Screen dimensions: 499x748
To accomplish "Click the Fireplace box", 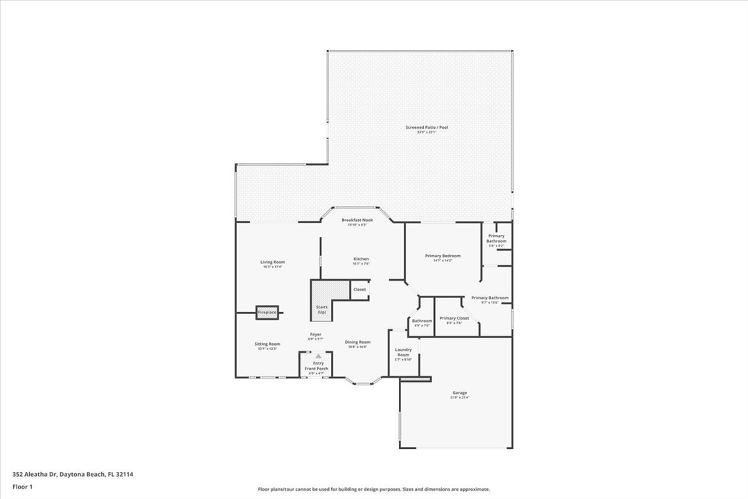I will click(x=267, y=313).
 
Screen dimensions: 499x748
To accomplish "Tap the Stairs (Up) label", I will click(x=322, y=310).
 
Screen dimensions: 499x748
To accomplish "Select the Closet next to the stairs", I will click(x=359, y=290).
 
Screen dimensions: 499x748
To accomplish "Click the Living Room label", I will click(x=272, y=263).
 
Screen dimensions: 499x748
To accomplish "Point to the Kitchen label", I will click(x=361, y=260).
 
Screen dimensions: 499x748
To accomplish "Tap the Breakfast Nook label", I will click(x=357, y=221).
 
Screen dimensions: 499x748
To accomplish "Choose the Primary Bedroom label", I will click(x=443, y=256).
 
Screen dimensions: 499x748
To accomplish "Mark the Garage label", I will click(x=459, y=394).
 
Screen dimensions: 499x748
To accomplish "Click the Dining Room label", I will click(x=357, y=342).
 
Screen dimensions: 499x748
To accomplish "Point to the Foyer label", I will click(x=315, y=336).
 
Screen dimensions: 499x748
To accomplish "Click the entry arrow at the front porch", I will click(x=318, y=356).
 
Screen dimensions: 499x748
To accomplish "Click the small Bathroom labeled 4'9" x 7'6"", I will click(x=422, y=322).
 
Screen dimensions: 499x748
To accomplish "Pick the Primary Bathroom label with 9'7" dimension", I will click(x=490, y=299).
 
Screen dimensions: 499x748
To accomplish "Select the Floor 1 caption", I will click(x=22, y=487).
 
